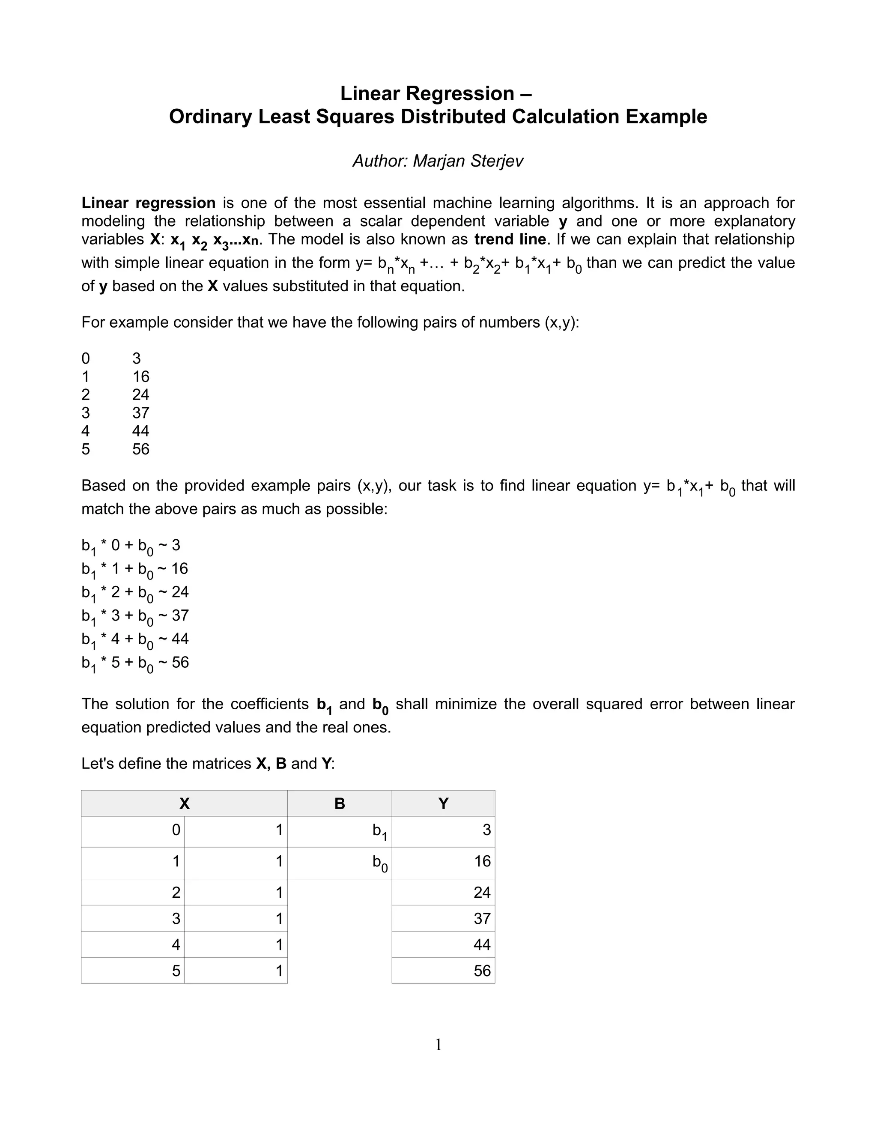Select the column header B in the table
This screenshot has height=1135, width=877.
(339, 803)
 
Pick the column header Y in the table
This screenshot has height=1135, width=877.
(443, 803)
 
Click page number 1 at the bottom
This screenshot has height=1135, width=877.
(438, 1045)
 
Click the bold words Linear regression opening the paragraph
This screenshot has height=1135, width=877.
(148, 203)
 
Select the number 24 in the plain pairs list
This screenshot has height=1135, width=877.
(140, 394)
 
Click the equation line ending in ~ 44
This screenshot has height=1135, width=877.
(135, 639)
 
